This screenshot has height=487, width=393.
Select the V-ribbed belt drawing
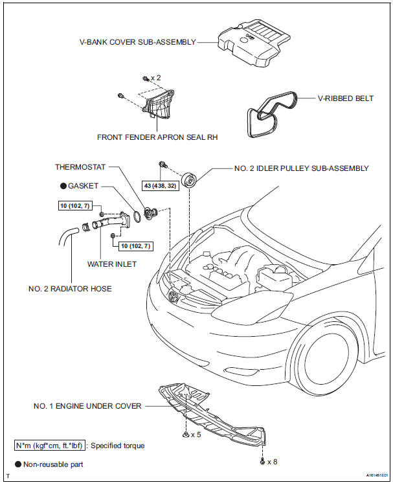(268, 115)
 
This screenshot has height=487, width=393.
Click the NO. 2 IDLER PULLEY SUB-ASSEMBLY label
(301, 168)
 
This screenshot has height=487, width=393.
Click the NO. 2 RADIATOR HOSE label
(70, 289)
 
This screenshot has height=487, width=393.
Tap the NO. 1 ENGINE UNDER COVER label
(87, 407)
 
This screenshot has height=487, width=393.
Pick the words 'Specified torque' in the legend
(118, 446)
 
